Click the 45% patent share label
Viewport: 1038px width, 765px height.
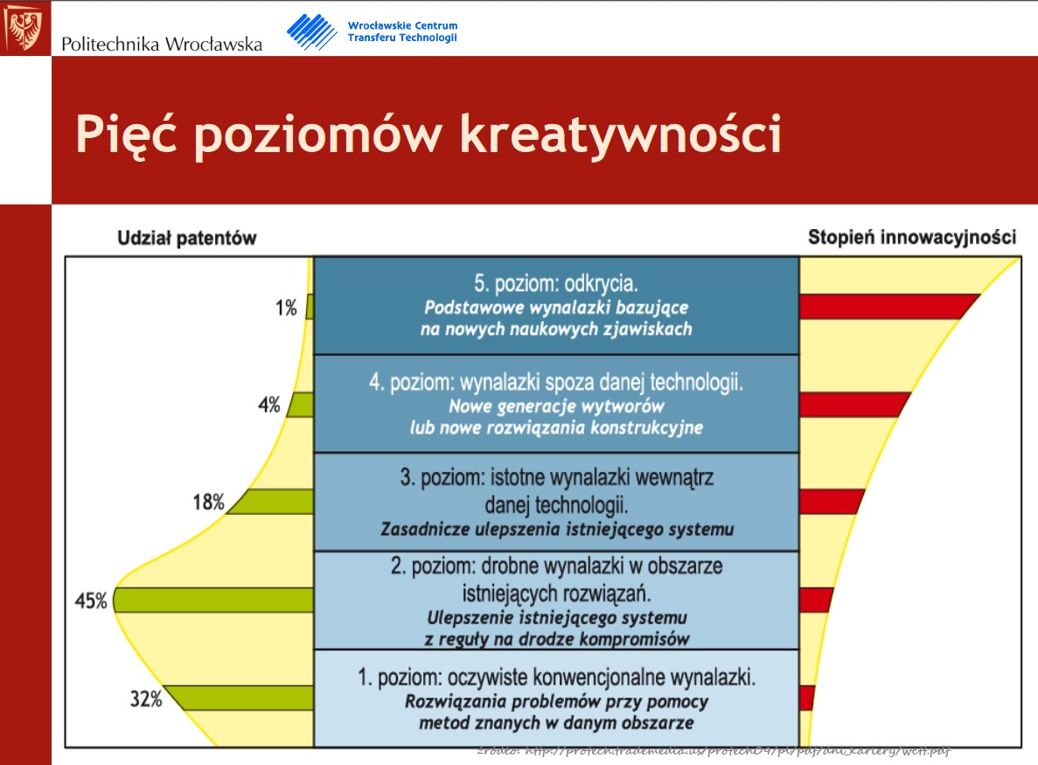coord(91,601)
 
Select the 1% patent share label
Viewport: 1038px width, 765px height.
coord(286,308)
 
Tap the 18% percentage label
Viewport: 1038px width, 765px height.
coord(209,503)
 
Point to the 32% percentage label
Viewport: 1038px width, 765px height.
coord(146,699)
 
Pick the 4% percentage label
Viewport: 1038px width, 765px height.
coord(268,405)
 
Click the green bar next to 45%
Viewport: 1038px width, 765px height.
coord(214,600)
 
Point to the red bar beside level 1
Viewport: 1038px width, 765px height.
coord(806,698)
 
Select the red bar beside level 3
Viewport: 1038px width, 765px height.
coord(830,502)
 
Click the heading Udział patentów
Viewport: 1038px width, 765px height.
coord(186,238)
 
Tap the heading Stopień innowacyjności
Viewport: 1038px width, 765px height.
coord(911,237)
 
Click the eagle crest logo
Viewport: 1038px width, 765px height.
coord(24,27)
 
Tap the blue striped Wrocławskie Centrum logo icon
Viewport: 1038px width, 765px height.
coord(311,31)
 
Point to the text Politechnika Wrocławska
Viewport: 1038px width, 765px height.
coord(162,44)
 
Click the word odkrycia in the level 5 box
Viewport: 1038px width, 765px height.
coord(604,285)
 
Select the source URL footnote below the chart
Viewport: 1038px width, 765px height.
coord(713,752)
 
